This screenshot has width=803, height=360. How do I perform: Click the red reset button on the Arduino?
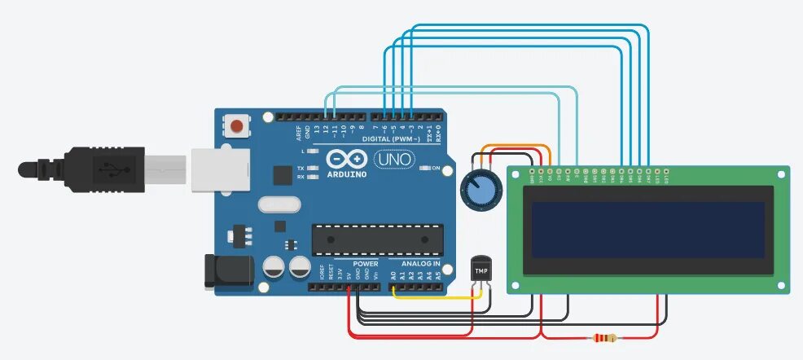237,126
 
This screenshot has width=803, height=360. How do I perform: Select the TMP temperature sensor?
481,270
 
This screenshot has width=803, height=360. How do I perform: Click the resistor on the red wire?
605,338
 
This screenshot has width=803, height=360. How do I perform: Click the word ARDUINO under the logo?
348,174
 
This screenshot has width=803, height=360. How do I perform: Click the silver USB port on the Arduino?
220,169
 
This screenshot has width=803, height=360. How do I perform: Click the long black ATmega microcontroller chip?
377,239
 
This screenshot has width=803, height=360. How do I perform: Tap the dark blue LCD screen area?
649,230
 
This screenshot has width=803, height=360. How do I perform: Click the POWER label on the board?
365,264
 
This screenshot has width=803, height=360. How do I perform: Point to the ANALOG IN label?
420,264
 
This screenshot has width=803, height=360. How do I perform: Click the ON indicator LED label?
435,169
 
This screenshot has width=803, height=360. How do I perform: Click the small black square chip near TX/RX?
282,175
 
